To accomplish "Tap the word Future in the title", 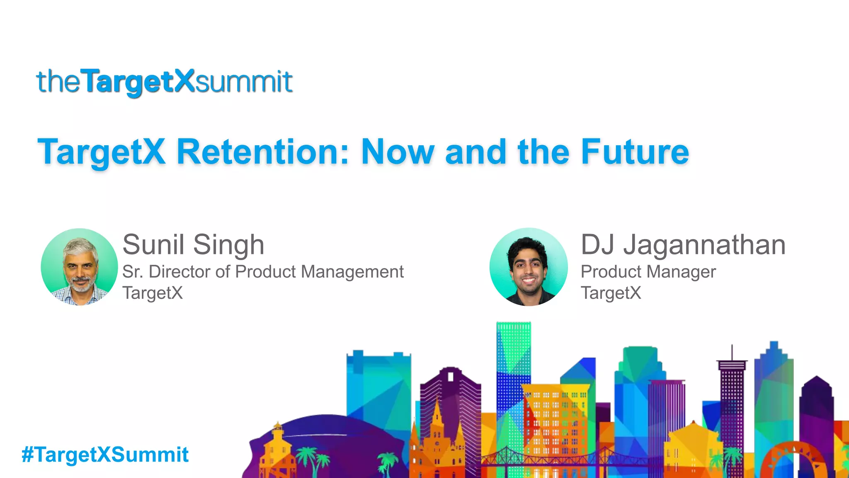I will (635, 152).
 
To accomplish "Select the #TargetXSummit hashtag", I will (105, 454).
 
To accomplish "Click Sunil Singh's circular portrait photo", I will (79, 267).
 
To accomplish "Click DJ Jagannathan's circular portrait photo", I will (529, 267).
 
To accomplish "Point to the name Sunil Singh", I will (193, 244).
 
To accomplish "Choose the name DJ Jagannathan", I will (683, 244).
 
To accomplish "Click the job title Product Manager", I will (648, 272).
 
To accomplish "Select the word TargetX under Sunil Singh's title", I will (153, 293).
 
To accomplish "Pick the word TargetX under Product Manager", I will (611, 293).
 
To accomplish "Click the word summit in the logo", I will (244, 81).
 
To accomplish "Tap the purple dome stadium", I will (327, 436).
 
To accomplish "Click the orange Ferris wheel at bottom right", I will (796, 461).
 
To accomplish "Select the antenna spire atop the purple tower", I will (732, 353).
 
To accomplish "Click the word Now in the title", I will (398, 152).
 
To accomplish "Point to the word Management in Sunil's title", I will (352, 272).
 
